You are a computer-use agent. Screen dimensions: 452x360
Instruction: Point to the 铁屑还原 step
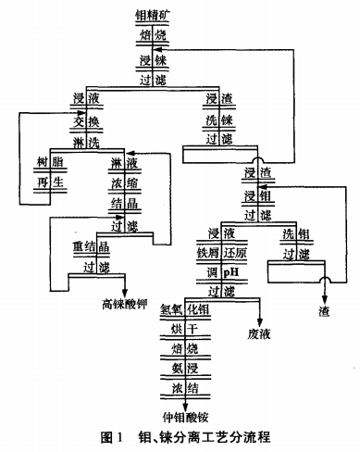click(227, 253)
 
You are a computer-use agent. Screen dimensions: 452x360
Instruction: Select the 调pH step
click(227, 272)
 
